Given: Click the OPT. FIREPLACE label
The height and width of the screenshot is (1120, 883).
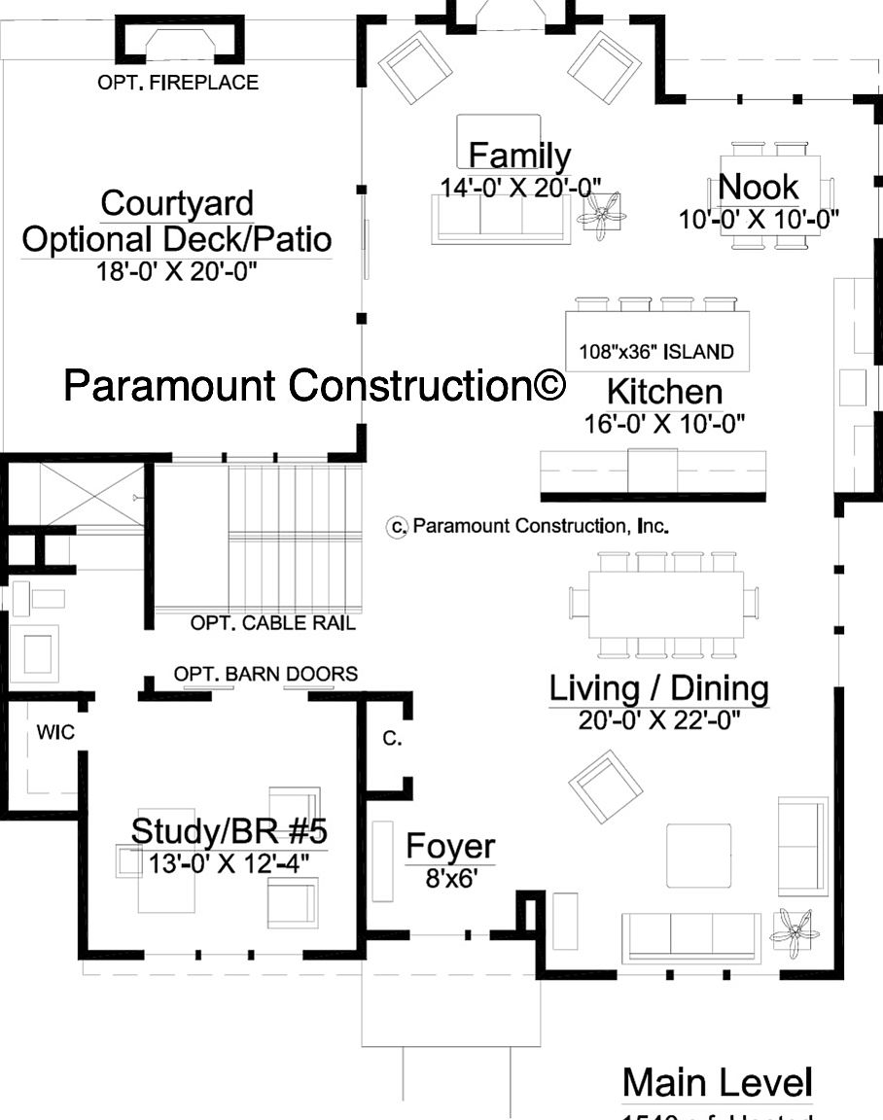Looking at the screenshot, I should pyautogui.click(x=178, y=83).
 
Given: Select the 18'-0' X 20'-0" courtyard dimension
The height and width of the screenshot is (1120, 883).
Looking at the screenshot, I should pyautogui.click(x=177, y=271).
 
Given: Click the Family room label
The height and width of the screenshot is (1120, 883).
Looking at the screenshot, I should pyautogui.click(x=519, y=156).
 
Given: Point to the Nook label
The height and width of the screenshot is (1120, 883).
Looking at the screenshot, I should pyautogui.click(x=758, y=187).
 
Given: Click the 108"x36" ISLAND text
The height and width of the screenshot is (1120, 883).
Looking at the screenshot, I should pyautogui.click(x=656, y=352).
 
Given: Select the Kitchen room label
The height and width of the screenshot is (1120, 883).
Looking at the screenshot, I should pyautogui.click(x=664, y=392).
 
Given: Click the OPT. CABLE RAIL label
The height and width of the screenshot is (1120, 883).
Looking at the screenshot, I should pyautogui.click(x=272, y=623).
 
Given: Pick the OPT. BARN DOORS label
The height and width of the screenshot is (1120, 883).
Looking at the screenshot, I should pyautogui.click(x=265, y=674).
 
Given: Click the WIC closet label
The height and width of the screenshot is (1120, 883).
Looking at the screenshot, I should pyautogui.click(x=55, y=732).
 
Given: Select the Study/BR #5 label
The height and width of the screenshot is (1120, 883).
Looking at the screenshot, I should pyautogui.click(x=229, y=832).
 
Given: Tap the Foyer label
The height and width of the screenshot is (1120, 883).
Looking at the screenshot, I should pyautogui.click(x=450, y=847).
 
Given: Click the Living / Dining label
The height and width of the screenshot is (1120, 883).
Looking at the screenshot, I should pyautogui.click(x=658, y=688).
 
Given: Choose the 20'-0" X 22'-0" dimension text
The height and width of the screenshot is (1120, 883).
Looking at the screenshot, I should pyautogui.click(x=658, y=720).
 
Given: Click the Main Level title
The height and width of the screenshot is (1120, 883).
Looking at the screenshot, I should pyautogui.click(x=717, y=1082).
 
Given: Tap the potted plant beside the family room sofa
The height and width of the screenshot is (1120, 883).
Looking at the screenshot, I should pyautogui.click(x=603, y=214).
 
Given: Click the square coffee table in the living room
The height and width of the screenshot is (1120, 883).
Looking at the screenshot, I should pyautogui.click(x=698, y=856).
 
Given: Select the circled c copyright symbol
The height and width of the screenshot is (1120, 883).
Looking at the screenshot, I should pyautogui.click(x=397, y=527).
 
